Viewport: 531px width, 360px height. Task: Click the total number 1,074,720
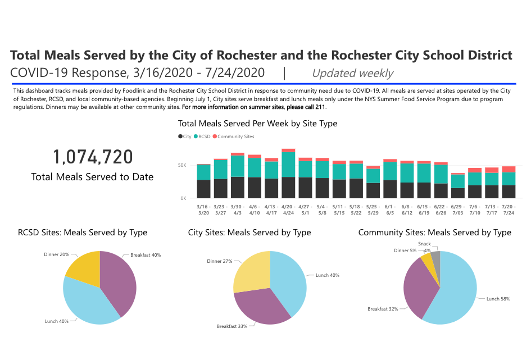pyautogui.click(x=93, y=157)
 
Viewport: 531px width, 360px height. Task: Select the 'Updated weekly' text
pyautogui.click(x=352, y=73)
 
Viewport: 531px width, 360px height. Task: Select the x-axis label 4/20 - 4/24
pyautogui.click(x=288, y=209)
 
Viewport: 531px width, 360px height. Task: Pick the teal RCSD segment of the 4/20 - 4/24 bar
pyautogui.click(x=288, y=165)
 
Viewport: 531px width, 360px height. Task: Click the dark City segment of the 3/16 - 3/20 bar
pyautogui.click(x=203, y=189)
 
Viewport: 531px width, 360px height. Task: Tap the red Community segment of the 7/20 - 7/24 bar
pyautogui.click(x=509, y=169)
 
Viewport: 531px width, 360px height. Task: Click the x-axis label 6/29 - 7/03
pyautogui.click(x=458, y=209)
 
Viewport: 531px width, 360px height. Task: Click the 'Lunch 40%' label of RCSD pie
pyautogui.click(x=56, y=321)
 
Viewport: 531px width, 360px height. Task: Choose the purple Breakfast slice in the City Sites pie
pyautogui.click(x=258, y=306)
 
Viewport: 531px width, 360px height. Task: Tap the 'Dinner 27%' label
pyautogui.click(x=219, y=261)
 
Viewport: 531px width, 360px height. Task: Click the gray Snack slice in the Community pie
pyautogui.click(x=435, y=258)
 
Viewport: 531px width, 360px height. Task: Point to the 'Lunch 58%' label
pyautogui.click(x=498, y=299)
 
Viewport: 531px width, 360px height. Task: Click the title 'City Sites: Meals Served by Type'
pyautogui.click(x=249, y=233)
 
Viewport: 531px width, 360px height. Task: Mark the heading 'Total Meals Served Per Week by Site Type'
pyautogui.click(x=257, y=123)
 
